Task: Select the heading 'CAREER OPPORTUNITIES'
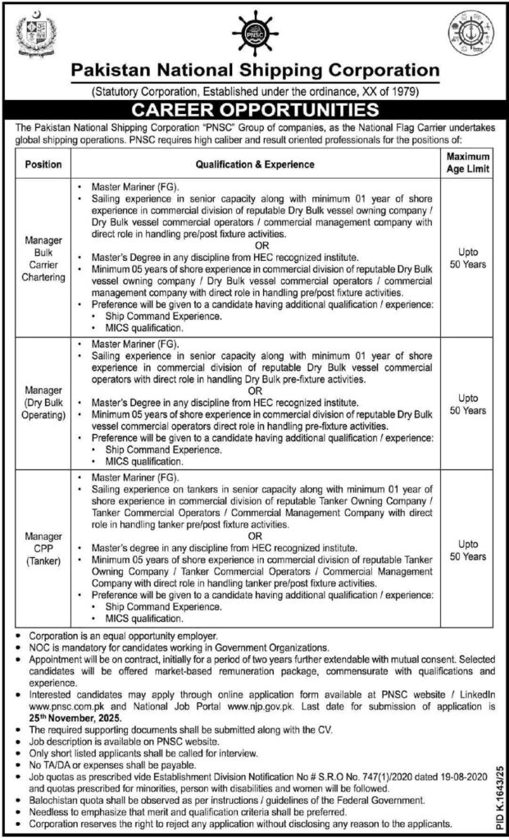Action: (254, 109)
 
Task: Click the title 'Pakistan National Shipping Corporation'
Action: (254, 71)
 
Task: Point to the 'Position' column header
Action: (43, 164)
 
